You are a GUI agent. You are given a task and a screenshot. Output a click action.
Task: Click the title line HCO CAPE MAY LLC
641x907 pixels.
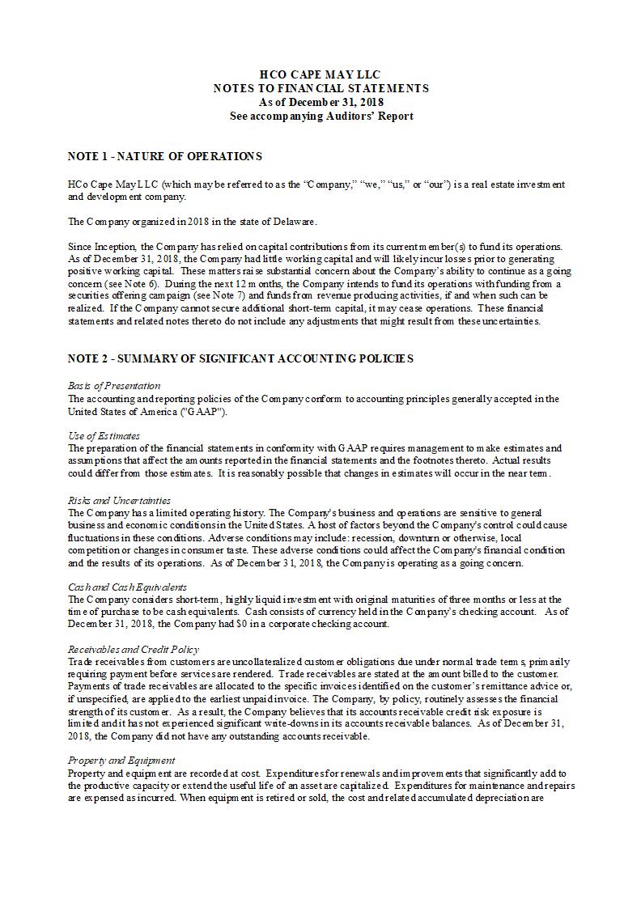coord(320,74)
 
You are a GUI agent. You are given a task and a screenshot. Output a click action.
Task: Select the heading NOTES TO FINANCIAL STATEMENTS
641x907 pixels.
coord(320,88)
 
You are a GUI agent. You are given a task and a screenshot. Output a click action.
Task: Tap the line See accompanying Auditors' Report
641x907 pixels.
coord(320,116)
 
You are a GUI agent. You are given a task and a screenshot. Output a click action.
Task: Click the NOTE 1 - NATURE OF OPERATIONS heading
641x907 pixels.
coord(164,155)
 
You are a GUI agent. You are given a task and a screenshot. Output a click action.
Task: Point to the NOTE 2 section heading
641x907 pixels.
coord(240,358)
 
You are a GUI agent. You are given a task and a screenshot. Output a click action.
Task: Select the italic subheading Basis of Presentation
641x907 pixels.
coord(114,386)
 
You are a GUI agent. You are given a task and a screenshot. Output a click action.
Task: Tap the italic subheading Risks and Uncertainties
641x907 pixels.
coord(119,500)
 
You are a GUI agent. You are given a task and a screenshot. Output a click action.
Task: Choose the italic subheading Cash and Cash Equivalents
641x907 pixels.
coord(127,587)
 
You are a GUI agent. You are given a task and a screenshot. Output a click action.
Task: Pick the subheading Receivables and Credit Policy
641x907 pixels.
coord(134,649)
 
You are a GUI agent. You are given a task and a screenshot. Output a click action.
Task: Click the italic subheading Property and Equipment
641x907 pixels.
coord(121,761)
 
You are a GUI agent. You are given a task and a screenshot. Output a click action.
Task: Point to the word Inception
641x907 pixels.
coord(117,246)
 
